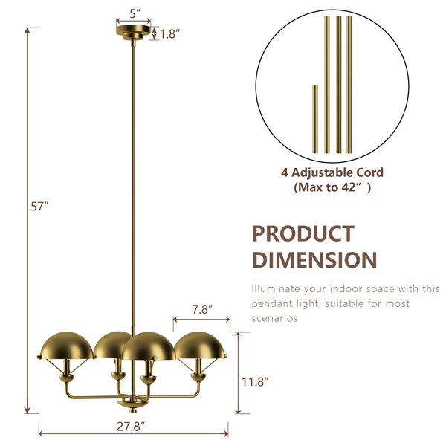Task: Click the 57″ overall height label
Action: coord(39,206)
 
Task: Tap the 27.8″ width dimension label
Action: coord(131,427)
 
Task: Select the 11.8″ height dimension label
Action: coord(255,381)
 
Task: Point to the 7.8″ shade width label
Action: coord(202,309)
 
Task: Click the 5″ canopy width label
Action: coord(135,13)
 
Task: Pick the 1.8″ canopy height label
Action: coord(169,34)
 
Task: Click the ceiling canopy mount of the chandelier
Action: coord(133,32)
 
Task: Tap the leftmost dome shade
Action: coord(67,346)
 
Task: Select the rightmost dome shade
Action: coord(201,345)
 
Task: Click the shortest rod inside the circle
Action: coord(315,119)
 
